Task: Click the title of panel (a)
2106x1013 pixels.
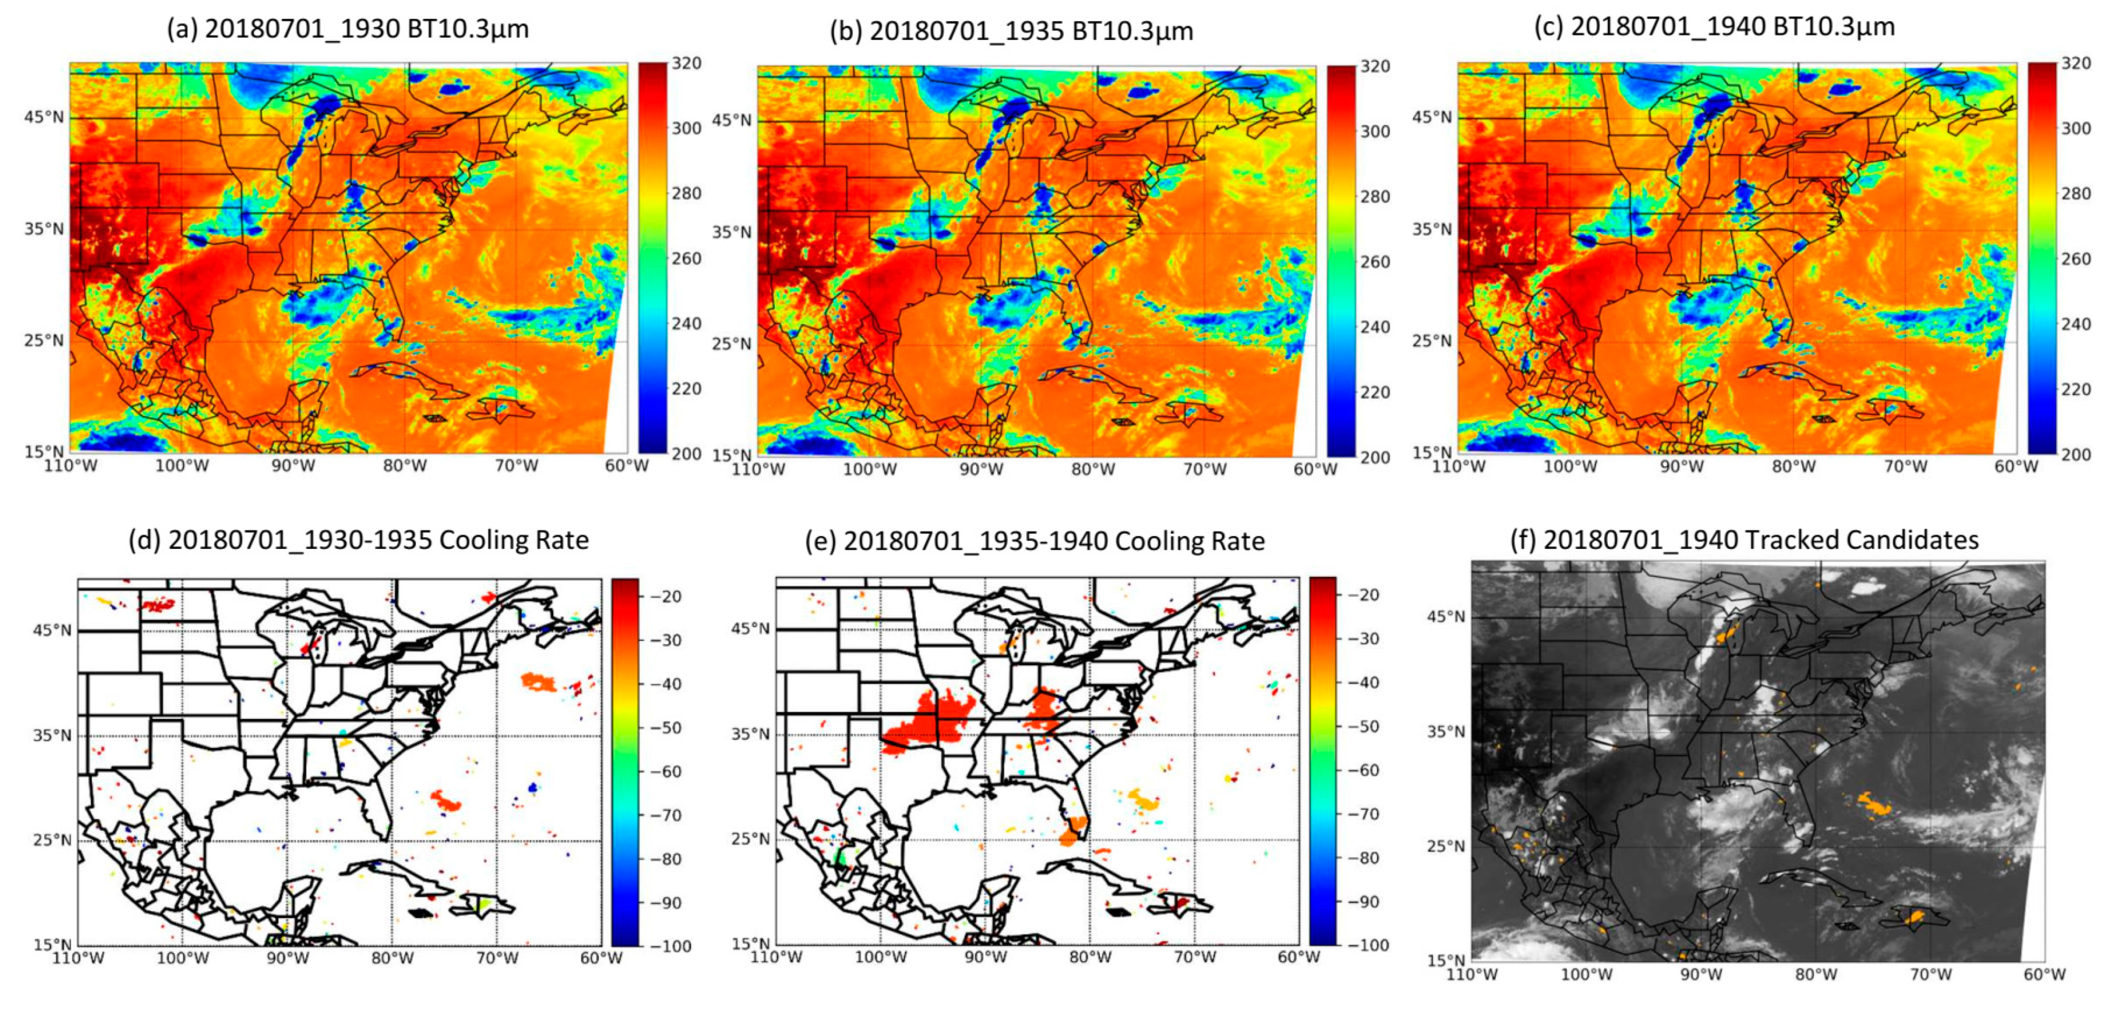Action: click(348, 29)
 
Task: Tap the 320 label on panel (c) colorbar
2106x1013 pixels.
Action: click(2075, 63)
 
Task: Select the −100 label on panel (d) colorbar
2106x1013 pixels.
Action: click(671, 946)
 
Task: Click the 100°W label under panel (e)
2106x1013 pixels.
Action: click(881, 956)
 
